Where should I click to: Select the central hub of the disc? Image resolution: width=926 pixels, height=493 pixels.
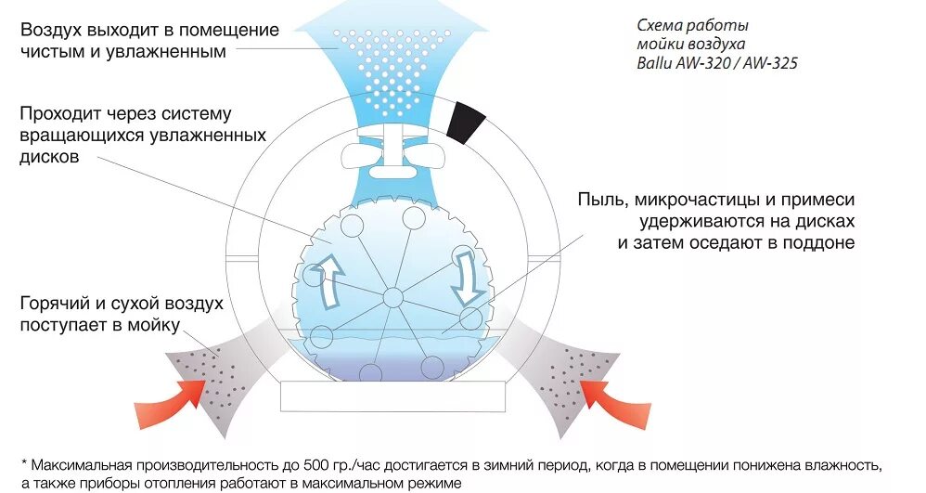392,298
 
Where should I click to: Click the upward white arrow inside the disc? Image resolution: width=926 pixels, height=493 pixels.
328,279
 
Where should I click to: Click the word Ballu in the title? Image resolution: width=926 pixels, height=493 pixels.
655,64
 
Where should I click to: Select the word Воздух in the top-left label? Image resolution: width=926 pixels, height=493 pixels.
53,30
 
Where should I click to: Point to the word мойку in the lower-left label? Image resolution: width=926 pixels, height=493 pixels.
153,326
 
